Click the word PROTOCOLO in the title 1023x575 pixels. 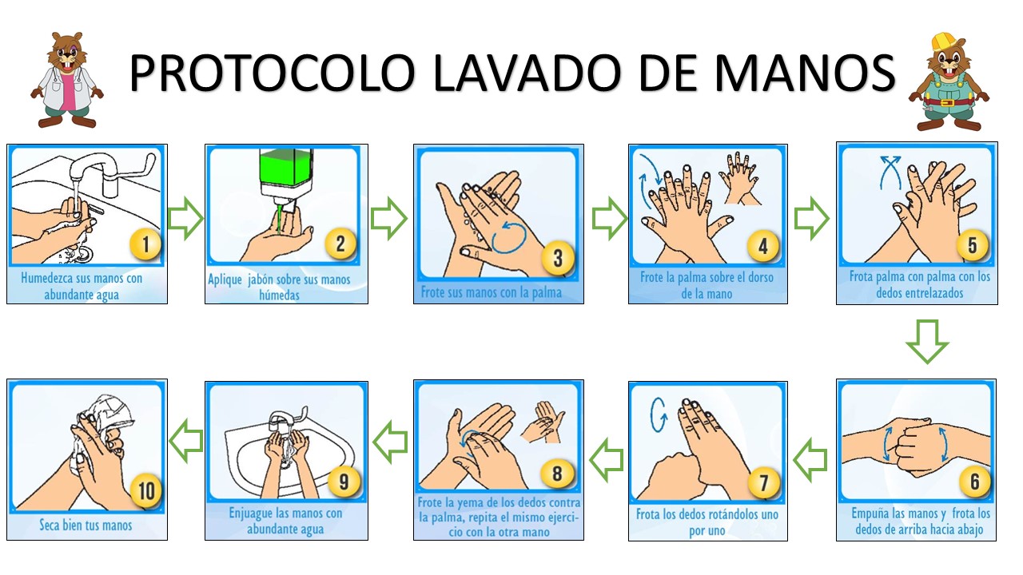coord(273,73)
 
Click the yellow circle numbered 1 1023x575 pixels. coord(145,244)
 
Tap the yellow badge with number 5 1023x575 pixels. coord(972,245)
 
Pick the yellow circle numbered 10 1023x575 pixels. coord(146,491)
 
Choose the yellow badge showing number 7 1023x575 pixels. coord(763,483)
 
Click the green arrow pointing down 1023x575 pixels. coord(927,342)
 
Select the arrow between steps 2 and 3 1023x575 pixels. coord(388,219)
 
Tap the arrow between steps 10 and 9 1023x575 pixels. coord(186,441)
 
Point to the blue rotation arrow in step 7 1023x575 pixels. coord(658,414)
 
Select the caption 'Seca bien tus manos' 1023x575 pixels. coord(86,525)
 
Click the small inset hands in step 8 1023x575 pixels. coord(543,422)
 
